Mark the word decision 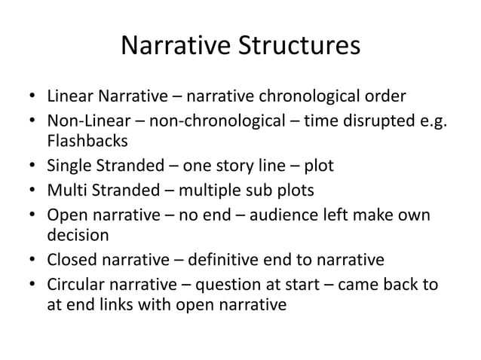coord(78,235)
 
